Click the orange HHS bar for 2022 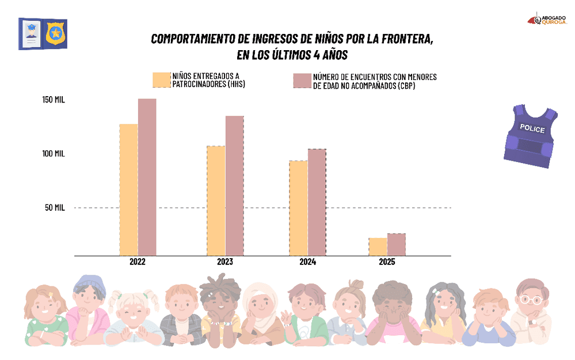click(128, 190)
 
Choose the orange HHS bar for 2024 click(298, 208)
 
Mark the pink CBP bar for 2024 click(317, 202)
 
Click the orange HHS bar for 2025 click(378, 247)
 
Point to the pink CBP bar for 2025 click(396, 244)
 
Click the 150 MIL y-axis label click(54, 100)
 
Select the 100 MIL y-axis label click(54, 154)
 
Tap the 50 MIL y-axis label click(55, 207)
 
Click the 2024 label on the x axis click(308, 262)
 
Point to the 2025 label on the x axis click(387, 262)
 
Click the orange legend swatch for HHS click(162, 80)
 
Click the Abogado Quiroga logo click(547, 19)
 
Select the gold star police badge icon click(55, 33)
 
